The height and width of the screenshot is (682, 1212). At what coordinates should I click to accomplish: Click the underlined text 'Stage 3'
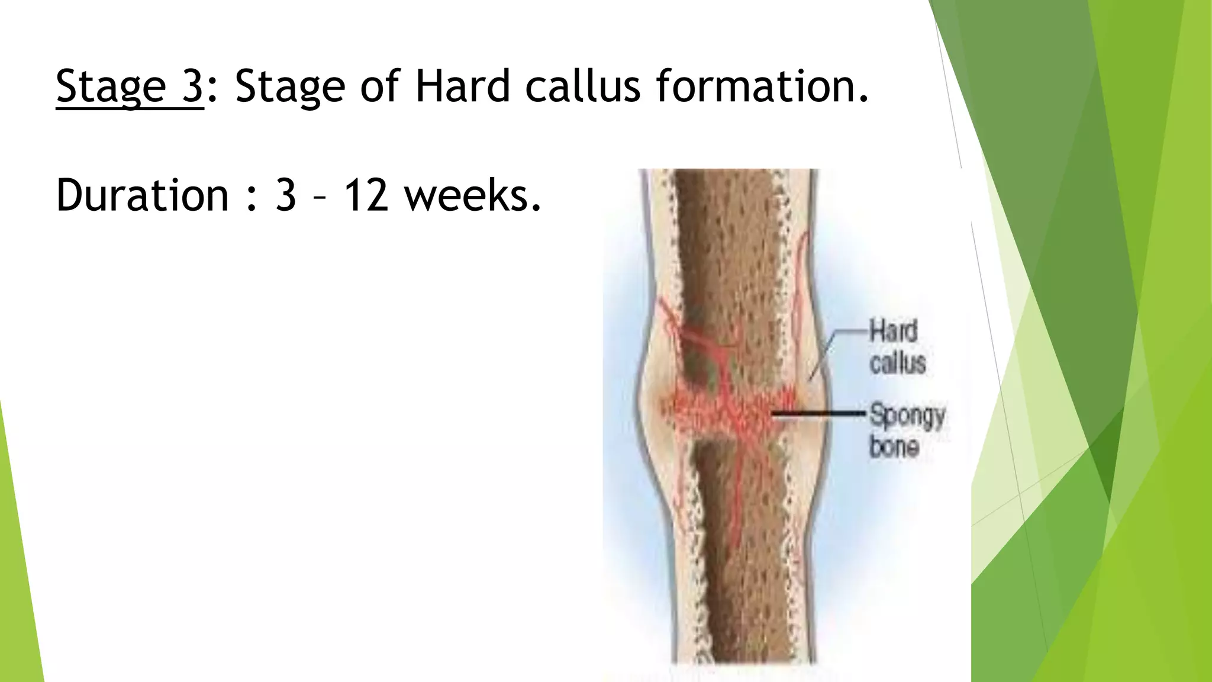coord(129,86)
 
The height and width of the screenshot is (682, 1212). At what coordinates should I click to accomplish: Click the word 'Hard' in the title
coord(462,86)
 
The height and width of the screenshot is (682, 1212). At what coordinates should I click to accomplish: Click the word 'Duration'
coord(142,195)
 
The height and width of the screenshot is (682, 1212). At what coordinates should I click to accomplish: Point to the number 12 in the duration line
coord(366,195)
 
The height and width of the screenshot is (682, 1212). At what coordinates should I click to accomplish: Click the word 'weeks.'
coord(473,195)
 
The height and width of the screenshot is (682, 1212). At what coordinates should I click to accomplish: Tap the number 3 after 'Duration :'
coord(285,195)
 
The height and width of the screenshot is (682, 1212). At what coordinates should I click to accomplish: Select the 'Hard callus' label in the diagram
coord(897,347)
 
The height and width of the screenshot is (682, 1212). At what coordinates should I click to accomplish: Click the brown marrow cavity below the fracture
coord(734,562)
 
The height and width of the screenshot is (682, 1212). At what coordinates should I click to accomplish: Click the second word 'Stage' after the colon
coord(289,86)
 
